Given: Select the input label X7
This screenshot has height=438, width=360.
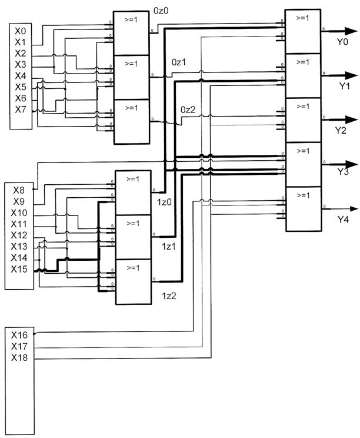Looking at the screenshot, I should pos(21,109).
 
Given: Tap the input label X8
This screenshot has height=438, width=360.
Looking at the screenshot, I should pos(18,190).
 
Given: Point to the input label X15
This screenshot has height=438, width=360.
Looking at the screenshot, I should pos(20,269).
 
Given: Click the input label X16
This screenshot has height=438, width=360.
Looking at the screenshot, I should pos(20,334).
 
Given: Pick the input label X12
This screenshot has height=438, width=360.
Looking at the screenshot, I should pos(20,235).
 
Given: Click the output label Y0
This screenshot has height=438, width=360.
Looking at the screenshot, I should pos(342,42).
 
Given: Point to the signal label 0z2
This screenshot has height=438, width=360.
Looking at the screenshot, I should pos(188,109).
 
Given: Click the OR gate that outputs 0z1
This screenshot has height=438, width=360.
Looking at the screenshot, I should pos(132,77).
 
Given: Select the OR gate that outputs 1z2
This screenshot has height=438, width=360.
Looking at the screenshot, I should pos(132,282).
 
